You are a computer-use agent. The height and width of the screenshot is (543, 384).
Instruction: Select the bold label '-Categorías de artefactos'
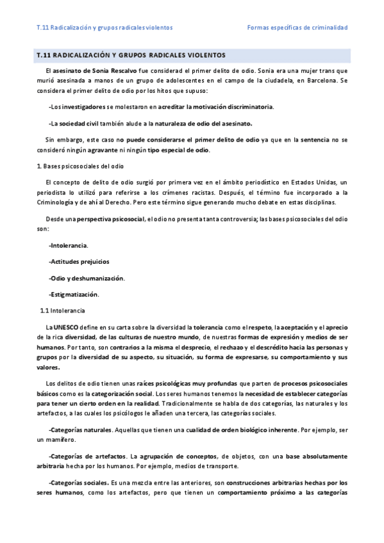tap(87, 456)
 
